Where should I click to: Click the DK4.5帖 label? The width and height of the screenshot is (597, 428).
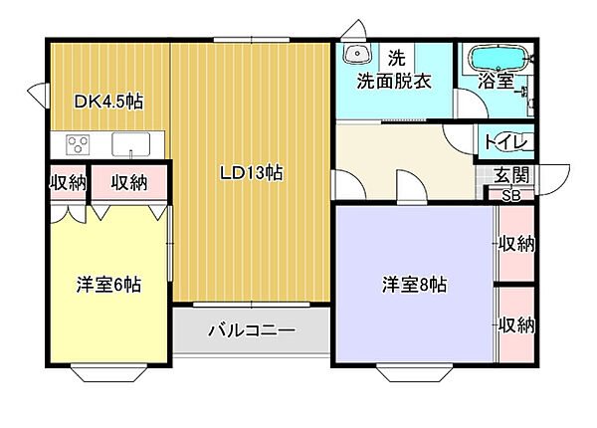pyautogui.click(x=109, y=101)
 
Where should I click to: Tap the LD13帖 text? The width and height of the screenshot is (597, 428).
pyautogui.click(x=252, y=172)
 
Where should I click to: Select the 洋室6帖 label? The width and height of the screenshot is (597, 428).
pyautogui.click(x=109, y=285)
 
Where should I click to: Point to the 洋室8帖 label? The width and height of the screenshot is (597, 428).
pyautogui.click(x=415, y=285)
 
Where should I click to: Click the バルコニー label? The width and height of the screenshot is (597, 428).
pyautogui.click(x=252, y=330)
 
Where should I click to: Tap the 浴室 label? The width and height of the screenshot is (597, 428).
pyautogui.click(x=495, y=82)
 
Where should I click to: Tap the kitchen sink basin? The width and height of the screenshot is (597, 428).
pyautogui.click(x=130, y=145)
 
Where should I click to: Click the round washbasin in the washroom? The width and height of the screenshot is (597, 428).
pyautogui.click(x=355, y=55)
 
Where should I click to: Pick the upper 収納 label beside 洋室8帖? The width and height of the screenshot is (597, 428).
pyautogui.click(x=517, y=243)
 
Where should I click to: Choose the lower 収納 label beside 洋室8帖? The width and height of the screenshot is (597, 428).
pyautogui.click(x=517, y=324)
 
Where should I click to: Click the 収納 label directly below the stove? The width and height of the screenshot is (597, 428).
pyautogui.click(x=68, y=182)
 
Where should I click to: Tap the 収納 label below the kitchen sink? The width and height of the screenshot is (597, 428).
pyautogui.click(x=129, y=182)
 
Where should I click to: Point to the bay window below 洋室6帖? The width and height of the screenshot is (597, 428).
pyautogui.click(x=106, y=373)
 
